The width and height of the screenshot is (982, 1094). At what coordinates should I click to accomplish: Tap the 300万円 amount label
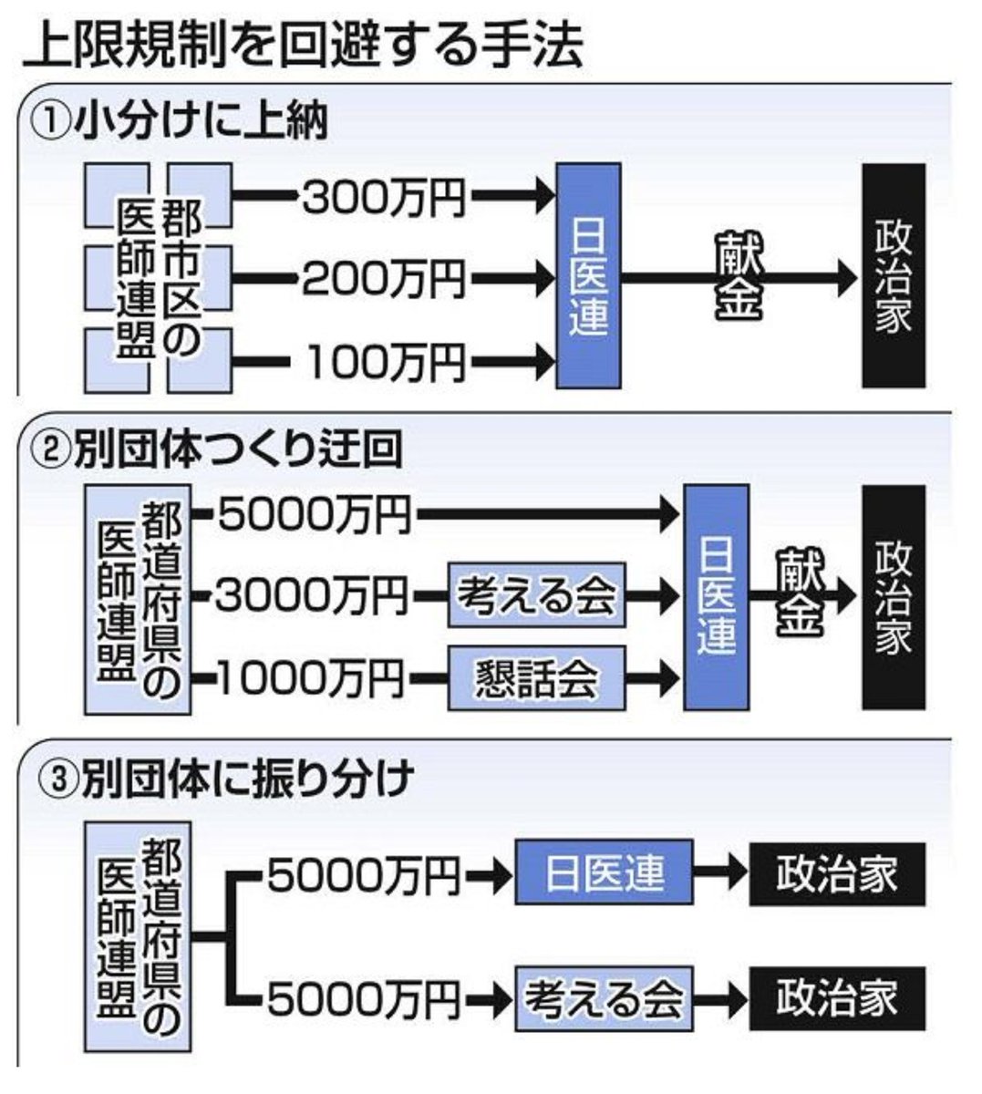[383, 196]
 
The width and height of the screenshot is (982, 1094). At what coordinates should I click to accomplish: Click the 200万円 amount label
[383, 279]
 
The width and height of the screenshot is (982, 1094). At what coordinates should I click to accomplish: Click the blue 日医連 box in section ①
[588, 276]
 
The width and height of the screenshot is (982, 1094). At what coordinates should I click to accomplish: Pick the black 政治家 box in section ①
[894, 276]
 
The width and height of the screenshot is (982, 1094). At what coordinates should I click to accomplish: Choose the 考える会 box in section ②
[536, 595]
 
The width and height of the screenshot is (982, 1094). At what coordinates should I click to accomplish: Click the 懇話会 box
[536, 678]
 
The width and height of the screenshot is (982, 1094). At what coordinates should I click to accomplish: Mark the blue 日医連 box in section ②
[716, 597]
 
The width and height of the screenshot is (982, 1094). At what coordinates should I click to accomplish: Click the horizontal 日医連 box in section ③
[603, 873]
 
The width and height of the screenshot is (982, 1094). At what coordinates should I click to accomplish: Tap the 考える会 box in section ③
[603, 998]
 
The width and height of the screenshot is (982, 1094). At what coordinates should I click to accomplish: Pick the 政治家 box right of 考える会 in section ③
[836, 998]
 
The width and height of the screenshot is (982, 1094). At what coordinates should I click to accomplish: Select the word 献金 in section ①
[739, 276]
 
